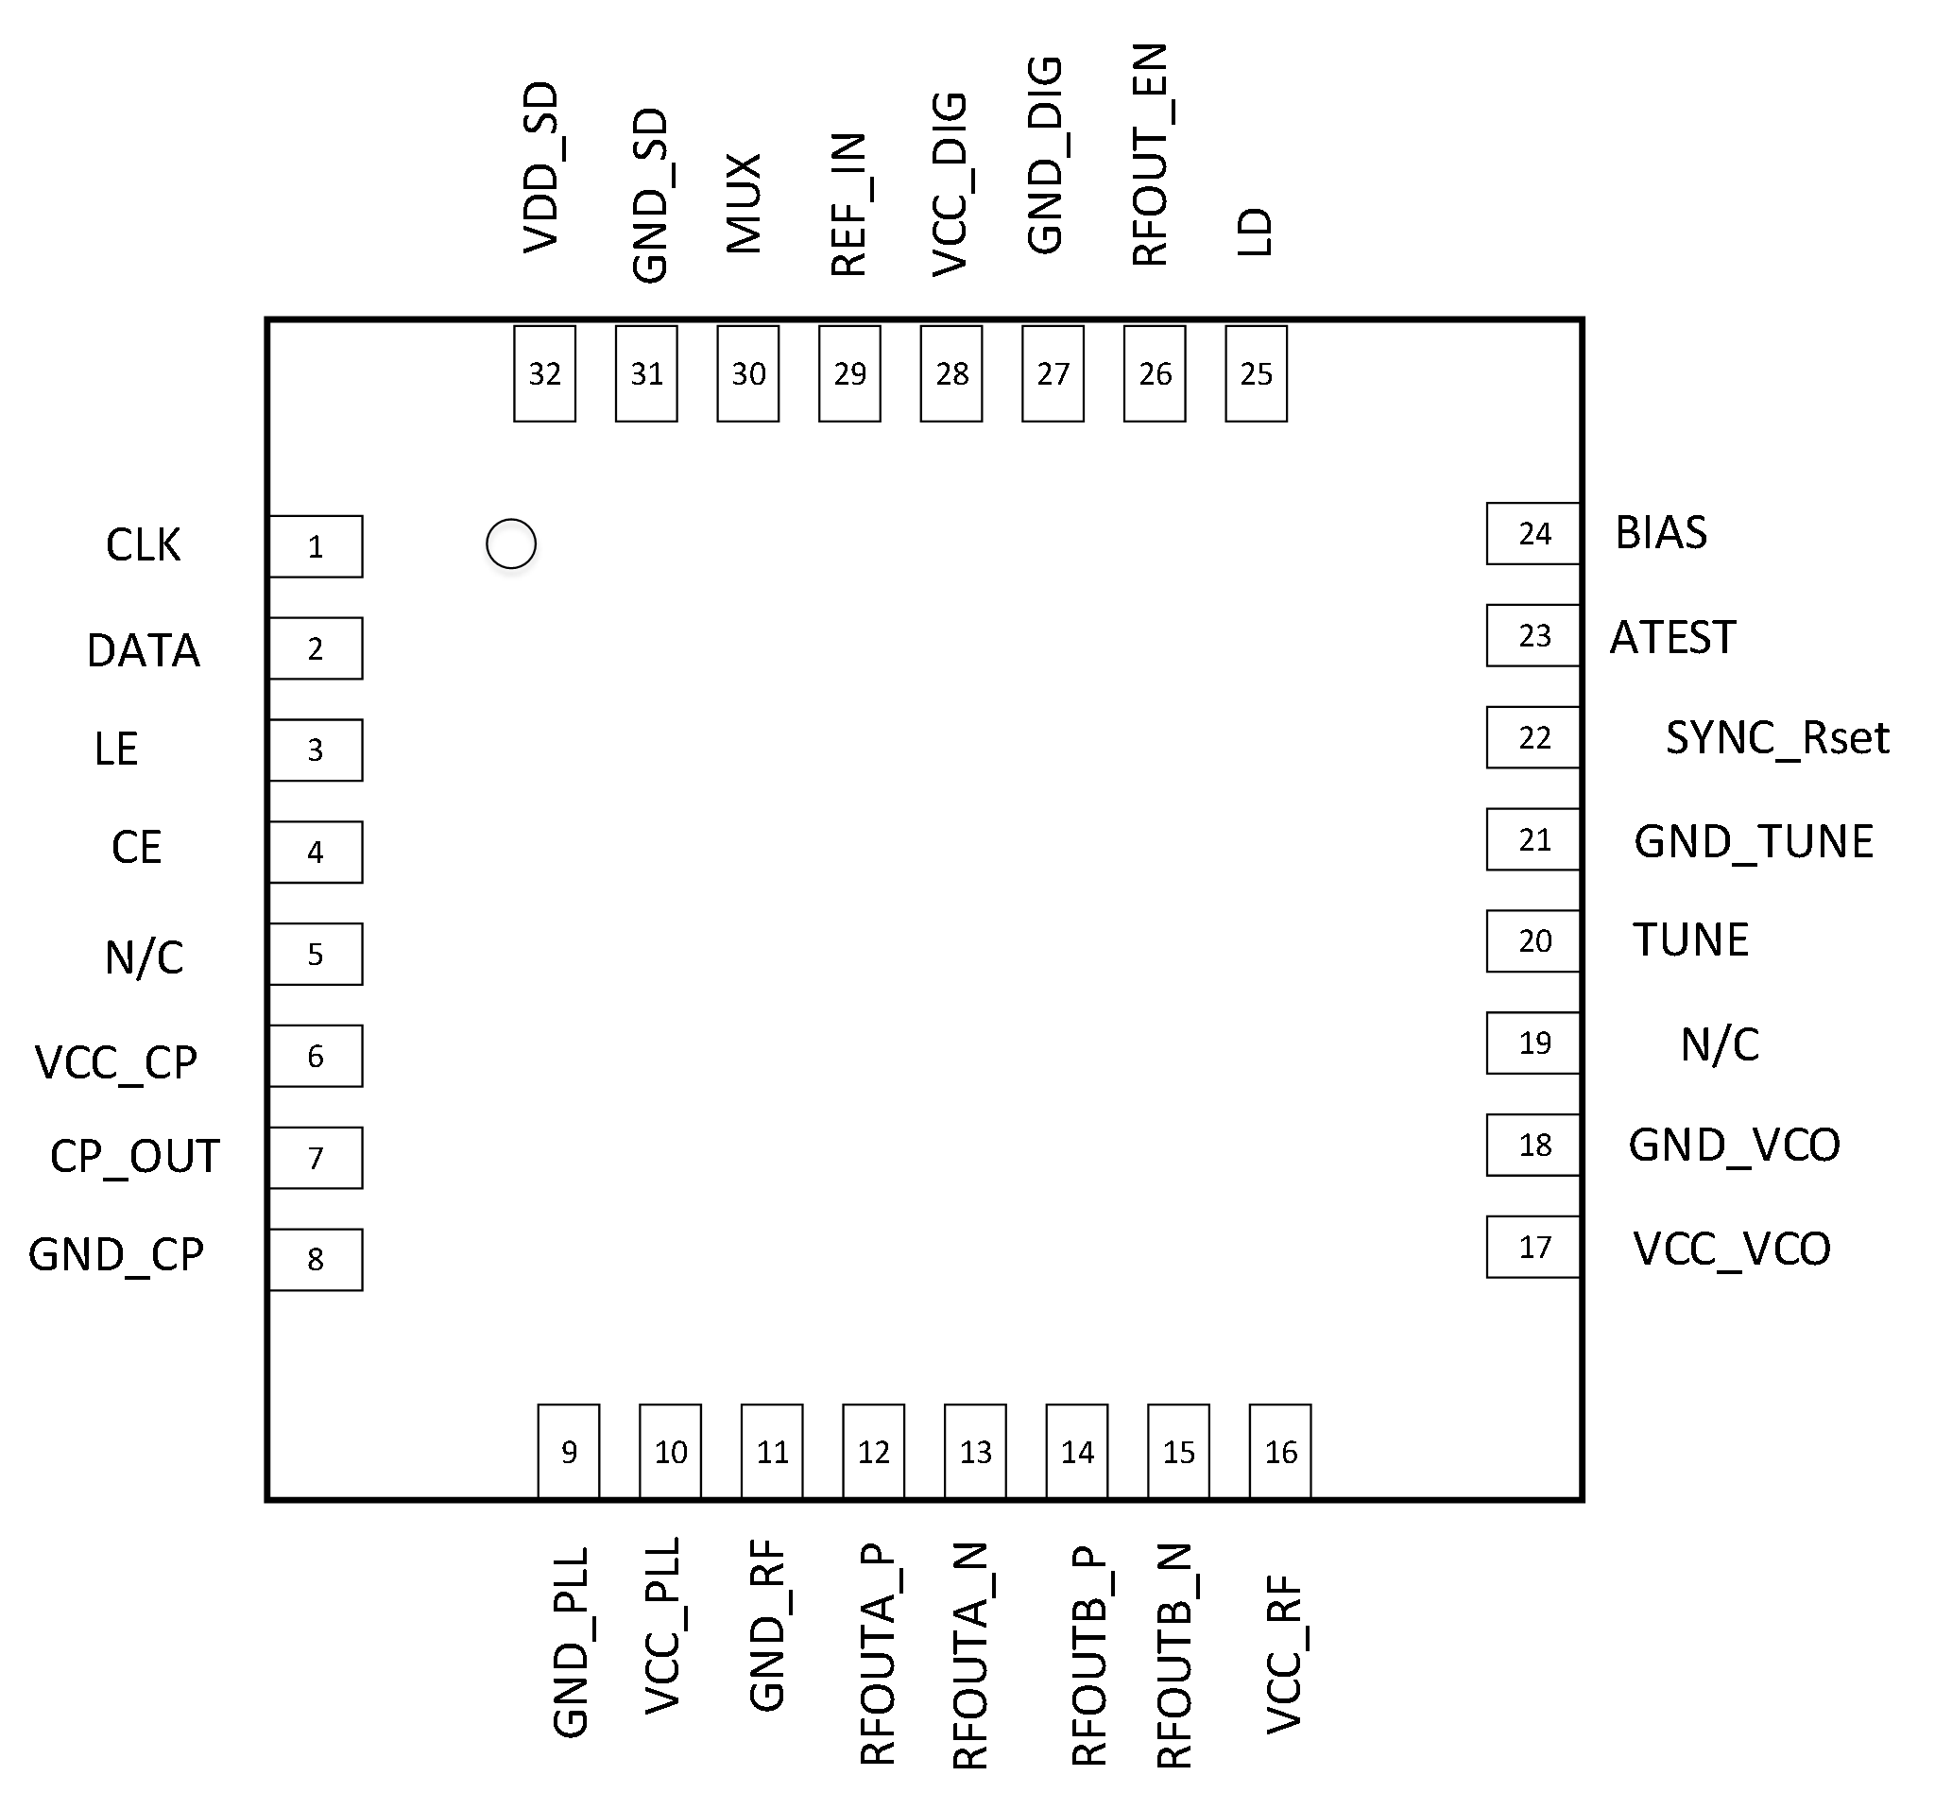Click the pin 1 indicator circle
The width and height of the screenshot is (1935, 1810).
[511, 544]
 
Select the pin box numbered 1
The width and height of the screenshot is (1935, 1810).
[317, 547]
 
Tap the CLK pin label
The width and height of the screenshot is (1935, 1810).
[143, 545]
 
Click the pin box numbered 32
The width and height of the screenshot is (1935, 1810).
[545, 374]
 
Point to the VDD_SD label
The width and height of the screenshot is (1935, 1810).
[541, 167]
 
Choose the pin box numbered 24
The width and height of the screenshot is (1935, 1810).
[1533, 534]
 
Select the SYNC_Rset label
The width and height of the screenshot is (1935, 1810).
[1777, 738]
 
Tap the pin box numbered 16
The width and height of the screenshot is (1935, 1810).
[1280, 1452]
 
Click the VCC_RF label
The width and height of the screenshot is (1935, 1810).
[1284, 1655]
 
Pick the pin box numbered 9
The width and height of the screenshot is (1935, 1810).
[569, 1452]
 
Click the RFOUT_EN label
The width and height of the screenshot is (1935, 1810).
[1150, 155]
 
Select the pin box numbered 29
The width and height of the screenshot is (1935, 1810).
[849, 374]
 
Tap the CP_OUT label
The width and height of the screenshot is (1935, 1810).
[135, 1157]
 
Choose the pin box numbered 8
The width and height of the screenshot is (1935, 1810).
[317, 1260]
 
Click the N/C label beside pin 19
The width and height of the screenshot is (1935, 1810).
[1720, 1044]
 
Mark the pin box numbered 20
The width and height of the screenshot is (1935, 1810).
[1533, 941]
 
